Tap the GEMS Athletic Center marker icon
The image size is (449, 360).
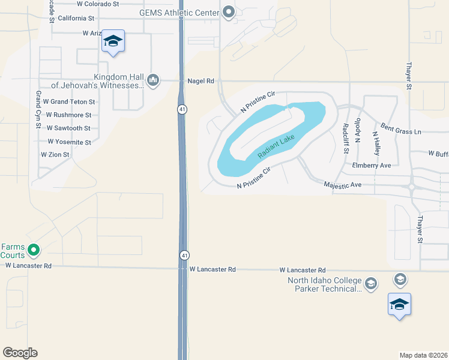click(229, 12)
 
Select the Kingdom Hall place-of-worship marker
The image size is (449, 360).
click(153, 80)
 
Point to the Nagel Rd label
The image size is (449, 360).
click(200, 81)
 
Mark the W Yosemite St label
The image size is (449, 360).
click(69, 142)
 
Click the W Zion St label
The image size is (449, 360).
click(55, 155)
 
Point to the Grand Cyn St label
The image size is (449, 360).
click(37, 110)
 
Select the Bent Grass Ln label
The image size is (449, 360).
click(400, 130)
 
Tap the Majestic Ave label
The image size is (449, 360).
click(342, 185)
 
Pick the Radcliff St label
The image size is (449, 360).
click(346, 138)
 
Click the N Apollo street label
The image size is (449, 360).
click(358, 130)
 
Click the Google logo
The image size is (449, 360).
click(20, 353)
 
